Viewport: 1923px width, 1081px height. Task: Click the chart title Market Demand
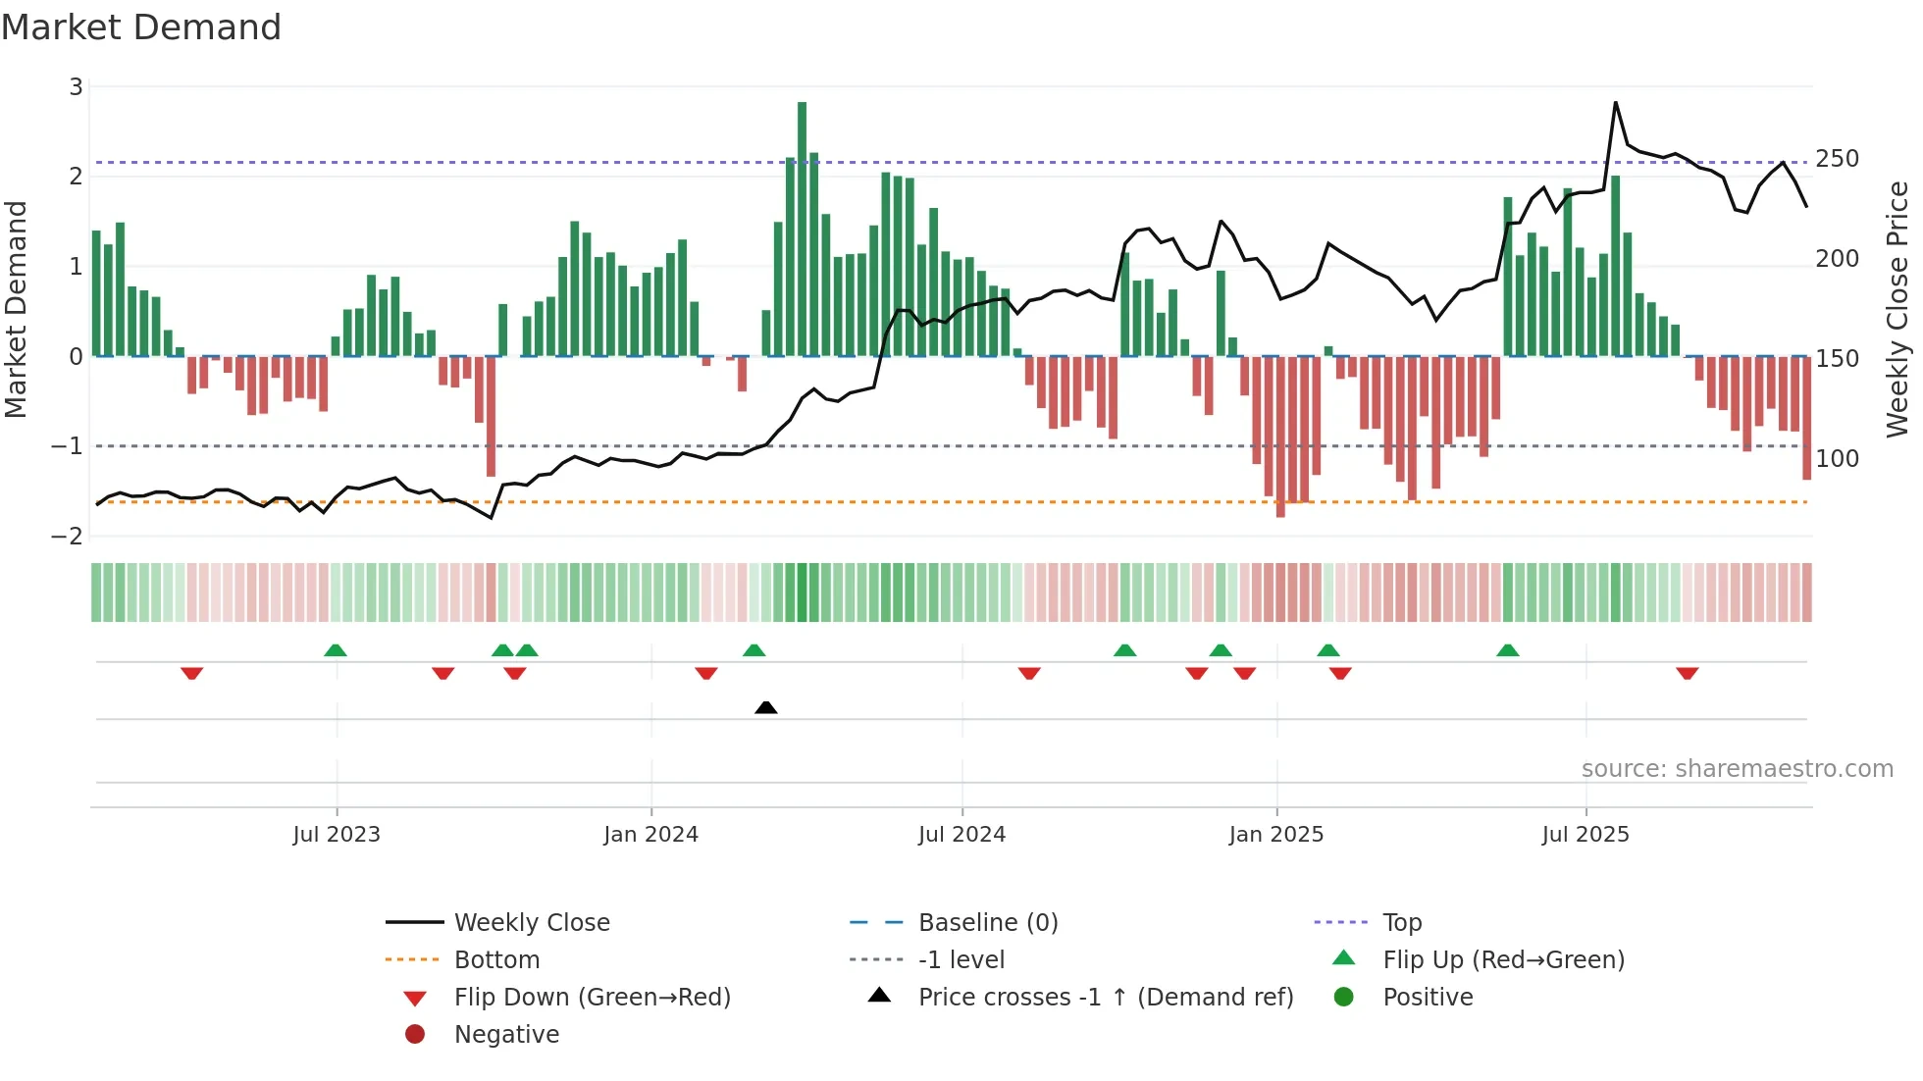coord(141,27)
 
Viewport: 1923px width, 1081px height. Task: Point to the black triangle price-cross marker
coord(766,707)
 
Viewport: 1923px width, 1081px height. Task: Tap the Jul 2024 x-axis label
coord(961,835)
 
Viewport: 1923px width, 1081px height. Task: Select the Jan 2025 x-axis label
coord(1275,835)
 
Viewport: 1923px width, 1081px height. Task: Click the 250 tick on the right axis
coord(1837,159)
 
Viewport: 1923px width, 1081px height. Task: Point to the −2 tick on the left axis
coord(68,537)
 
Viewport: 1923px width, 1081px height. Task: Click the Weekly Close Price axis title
coord(1897,309)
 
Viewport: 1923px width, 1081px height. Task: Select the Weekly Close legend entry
coord(531,923)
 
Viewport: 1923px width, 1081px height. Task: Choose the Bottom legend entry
coord(496,960)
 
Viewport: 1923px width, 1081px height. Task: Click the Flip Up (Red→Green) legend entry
coord(1503,960)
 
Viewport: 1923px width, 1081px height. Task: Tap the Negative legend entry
coord(506,1035)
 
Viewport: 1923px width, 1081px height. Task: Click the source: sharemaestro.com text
coord(1737,769)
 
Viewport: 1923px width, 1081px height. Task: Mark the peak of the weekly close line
coord(1616,102)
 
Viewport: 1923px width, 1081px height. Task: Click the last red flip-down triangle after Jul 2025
coord(1688,673)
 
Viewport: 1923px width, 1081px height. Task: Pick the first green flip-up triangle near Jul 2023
coord(336,650)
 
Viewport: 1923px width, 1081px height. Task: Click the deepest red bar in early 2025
coord(1280,437)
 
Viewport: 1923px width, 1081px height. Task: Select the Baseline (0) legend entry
coord(987,923)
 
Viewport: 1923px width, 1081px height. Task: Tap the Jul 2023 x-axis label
coord(337,835)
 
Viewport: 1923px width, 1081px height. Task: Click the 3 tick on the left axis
coord(76,87)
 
